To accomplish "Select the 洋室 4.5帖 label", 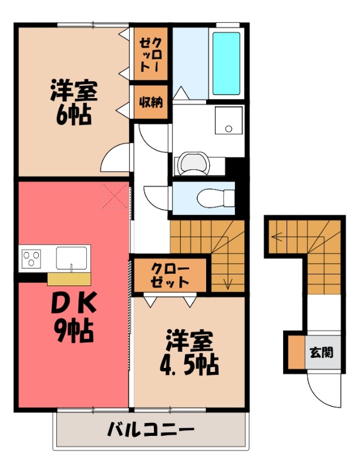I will pyautogui.click(x=189, y=352).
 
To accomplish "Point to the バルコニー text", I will pyautogui.click(x=150, y=431).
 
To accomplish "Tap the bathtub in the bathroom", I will pyautogui.click(x=226, y=63).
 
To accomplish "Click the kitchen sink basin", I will pyautogui.click(x=72, y=257).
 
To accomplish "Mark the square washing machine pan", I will pyautogui.click(x=228, y=122).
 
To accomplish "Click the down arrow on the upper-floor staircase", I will pyautogui.click(x=228, y=284).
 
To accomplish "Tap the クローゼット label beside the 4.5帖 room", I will pyautogui.click(x=170, y=275).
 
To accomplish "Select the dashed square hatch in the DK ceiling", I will pyautogui.click(x=114, y=196).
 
